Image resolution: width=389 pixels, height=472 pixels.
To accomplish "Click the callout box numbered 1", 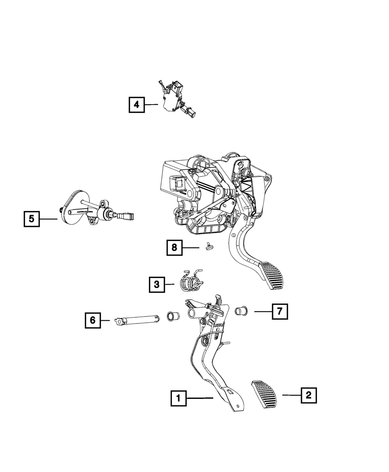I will [x=178, y=398].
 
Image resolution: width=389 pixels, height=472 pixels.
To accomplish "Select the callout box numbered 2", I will [x=308, y=395].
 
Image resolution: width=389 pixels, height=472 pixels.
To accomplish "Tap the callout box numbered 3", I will [x=156, y=285].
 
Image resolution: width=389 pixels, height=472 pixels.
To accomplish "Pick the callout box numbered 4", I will [x=136, y=105].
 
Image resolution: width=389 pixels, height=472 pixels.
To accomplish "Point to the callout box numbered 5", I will [x=31, y=219].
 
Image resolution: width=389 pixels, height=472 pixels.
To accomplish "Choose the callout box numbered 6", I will [x=93, y=320].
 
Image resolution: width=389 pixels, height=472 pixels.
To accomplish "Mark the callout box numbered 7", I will [x=280, y=311].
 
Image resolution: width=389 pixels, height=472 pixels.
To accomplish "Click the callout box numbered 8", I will [x=175, y=248].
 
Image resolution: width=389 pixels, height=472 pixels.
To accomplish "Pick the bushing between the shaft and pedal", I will [x=172, y=316].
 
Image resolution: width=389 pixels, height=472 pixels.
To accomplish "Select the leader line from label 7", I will [x=263, y=311].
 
